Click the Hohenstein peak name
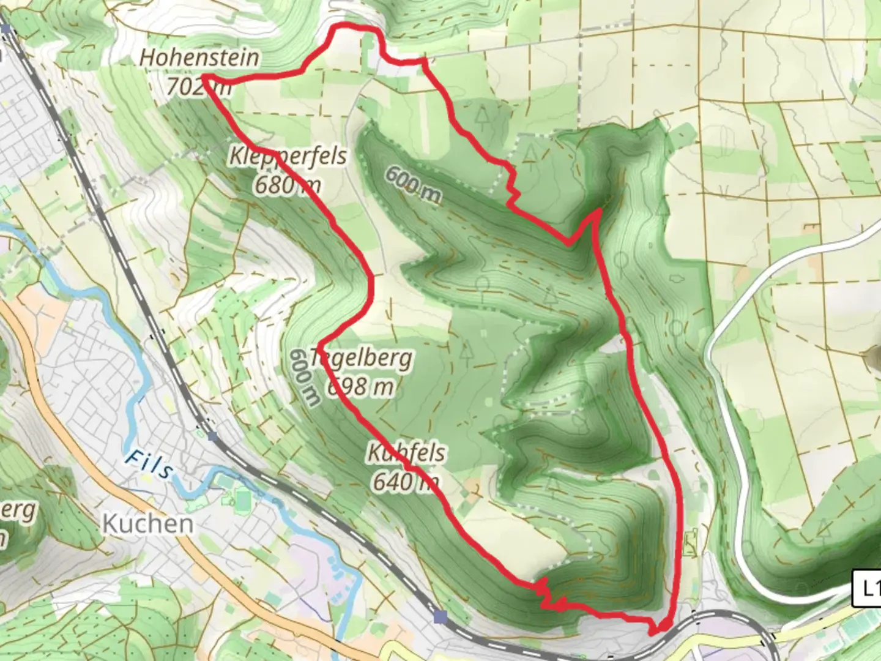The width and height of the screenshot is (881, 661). pos(199,58)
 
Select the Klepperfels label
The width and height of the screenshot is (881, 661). pos(288,156)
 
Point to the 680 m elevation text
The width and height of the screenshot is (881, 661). pos(287,184)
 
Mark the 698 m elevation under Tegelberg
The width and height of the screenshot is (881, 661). pos(361,386)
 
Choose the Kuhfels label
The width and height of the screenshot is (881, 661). pos(406,454)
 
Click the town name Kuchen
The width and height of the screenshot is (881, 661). pos(148,524)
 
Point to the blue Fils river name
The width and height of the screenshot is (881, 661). pos(149,465)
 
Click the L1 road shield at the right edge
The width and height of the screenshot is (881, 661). pos(868,588)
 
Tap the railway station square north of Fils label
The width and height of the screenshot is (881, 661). pos(212,437)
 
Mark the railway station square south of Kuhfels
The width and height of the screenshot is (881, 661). pos(440,616)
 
